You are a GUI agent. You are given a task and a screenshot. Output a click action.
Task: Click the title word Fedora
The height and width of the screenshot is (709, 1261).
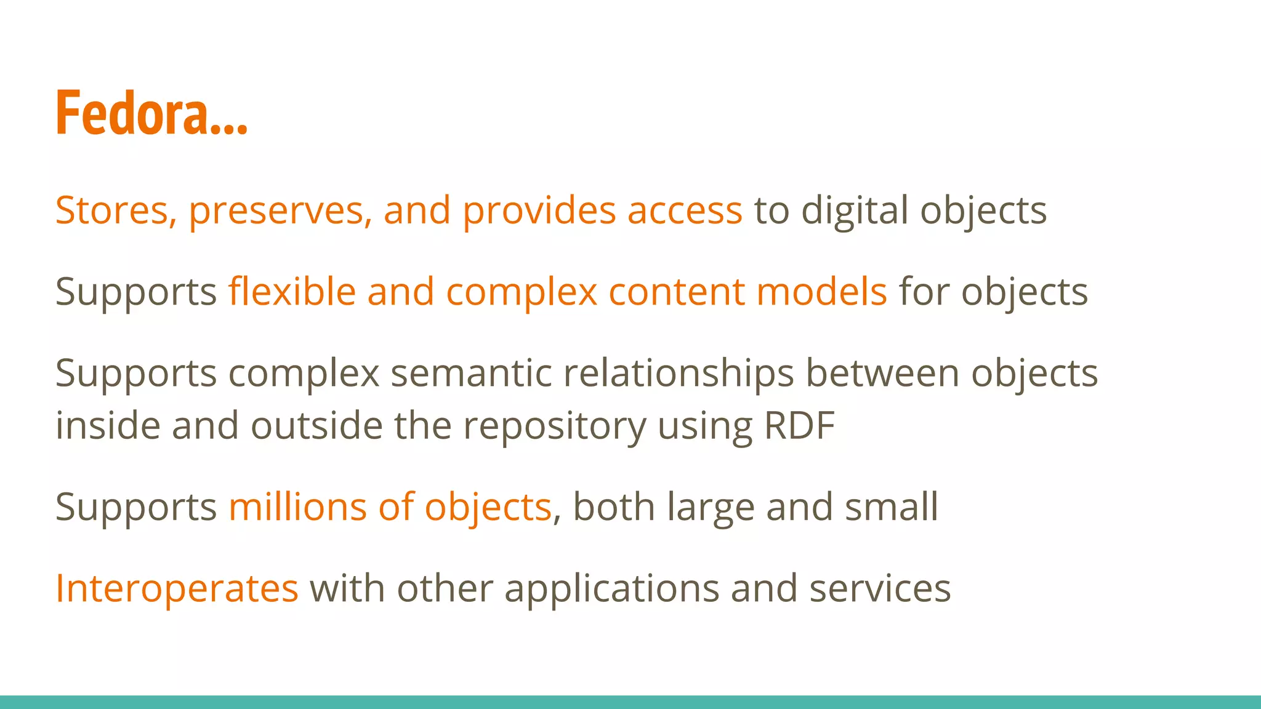pos(132,113)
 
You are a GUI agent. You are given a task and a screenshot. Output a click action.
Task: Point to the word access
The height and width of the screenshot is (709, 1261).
pos(685,210)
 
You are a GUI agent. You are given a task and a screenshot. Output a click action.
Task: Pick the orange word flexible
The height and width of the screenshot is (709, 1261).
pos(292,291)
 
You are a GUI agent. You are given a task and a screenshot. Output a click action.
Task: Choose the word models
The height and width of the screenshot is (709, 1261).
pos(821,291)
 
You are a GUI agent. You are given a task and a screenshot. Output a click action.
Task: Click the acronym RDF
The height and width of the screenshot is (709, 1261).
pos(799,425)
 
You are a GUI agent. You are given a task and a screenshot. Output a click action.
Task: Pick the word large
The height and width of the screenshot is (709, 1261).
pos(711,508)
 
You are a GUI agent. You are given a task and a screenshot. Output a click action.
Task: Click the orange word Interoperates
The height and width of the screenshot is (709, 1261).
pos(177,588)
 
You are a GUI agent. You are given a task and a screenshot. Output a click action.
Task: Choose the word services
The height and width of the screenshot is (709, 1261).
pos(880,588)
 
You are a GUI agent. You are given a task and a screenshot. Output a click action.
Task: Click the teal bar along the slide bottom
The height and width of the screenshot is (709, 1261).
pos(630,702)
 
